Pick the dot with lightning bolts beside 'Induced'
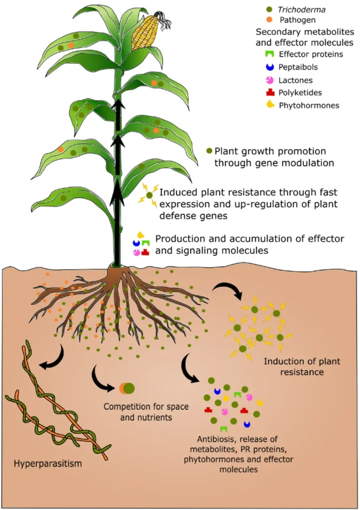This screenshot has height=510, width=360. click(148, 195)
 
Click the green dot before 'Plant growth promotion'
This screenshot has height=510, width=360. click(209, 150)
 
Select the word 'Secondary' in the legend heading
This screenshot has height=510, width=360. click(271, 32)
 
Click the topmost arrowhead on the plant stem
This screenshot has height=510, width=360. click(118, 105)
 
